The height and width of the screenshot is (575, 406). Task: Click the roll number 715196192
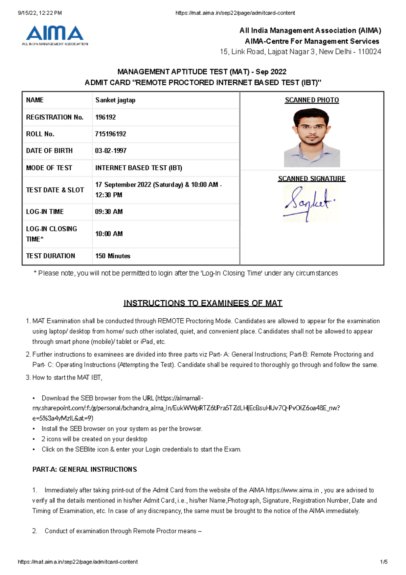[x=110, y=134]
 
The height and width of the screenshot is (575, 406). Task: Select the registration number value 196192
[x=105, y=117]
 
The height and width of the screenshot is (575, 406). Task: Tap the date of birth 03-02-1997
[x=111, y=151]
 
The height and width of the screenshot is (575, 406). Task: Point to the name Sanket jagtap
[x=115, y=100]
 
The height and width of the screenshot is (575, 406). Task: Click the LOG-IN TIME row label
[x=45, y=212]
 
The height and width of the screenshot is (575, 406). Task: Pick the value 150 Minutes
[x=113, y=256]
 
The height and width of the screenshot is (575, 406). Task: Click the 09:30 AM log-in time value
[x=109, y=212]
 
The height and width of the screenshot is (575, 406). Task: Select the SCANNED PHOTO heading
[x=312, y=100]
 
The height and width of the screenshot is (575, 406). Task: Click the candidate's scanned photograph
[x=312, y=137]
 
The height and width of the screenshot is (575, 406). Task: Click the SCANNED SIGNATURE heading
[x=312, y=178]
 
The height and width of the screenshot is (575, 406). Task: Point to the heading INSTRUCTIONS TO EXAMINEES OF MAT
[x=203, y=303]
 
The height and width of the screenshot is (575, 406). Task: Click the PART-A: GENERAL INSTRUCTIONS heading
[x=85, y=469]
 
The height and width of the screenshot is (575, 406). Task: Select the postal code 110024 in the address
[x=369, y=52]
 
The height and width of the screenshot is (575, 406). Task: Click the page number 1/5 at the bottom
[x=384, y=562]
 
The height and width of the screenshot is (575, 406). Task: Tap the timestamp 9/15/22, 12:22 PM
[x=40, y=13]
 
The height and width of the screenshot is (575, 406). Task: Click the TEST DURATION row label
[x=50, y=256]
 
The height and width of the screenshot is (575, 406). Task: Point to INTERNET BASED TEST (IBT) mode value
[x=139, y=168]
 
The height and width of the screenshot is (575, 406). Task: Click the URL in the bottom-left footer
[x=77, y=562]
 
